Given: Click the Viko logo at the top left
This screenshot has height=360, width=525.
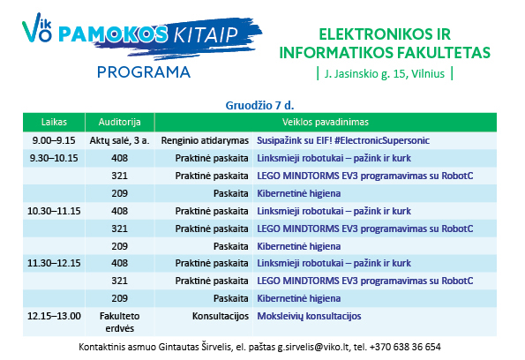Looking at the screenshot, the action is point(37,28).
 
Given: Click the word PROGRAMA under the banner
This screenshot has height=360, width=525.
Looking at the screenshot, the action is point(144,72).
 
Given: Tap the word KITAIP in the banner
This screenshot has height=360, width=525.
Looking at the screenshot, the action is point(206,34).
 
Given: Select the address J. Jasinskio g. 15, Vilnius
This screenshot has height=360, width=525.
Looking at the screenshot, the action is point(385,73).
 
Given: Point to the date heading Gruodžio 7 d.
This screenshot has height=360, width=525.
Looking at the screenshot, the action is point(259,106).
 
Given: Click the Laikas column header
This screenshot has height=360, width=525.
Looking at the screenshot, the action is point(54,122).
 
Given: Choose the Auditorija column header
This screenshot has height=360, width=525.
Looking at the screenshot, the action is point(119,122).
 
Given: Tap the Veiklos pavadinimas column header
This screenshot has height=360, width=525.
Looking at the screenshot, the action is point(325,122).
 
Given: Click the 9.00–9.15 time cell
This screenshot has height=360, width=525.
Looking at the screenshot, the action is point(54,140).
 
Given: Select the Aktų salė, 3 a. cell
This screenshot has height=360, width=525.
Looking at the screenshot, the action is point(119,140).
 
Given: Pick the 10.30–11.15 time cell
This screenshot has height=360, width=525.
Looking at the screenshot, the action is point(54,211).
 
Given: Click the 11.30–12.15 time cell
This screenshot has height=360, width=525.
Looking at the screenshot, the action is point(54,263).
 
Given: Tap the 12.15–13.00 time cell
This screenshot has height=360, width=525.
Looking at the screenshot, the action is point(54,316).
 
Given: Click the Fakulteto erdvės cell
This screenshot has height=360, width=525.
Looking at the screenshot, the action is point(119,322).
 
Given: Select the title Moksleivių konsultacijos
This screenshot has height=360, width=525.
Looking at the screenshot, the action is point(309,316).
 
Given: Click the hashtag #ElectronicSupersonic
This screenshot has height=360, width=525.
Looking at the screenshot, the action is point(382,140).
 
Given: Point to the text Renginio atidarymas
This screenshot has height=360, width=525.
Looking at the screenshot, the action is point(205,140).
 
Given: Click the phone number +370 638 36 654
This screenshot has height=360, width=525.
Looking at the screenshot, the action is point(406,347).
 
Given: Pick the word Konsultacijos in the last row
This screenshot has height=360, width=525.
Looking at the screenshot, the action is point(221,316).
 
